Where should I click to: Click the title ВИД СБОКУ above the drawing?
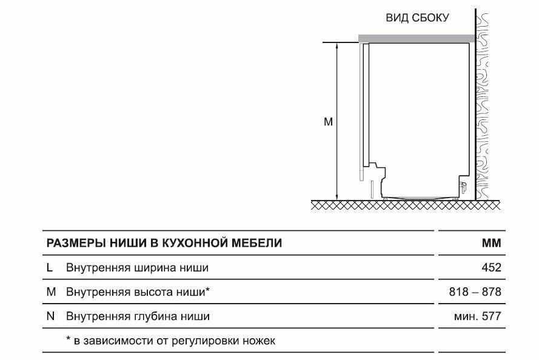click(417, 18)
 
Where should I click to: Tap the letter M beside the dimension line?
click(328, 122)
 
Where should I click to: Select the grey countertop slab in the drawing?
click(417, 38)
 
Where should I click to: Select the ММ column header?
click(492, 243)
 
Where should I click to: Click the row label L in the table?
click(50, 268)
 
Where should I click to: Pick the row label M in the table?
click(51, 292)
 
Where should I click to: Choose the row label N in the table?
click(50, 316)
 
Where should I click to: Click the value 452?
click(492, 268)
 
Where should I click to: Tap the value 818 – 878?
click(475, 292)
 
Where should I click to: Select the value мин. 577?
click(478, 316)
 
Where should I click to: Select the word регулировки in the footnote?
click(205, 341)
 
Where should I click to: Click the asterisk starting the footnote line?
click(68, 339)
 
